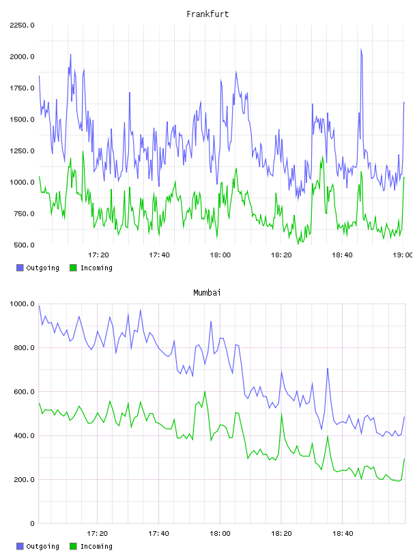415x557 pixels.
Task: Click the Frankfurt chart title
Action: coord(207,14)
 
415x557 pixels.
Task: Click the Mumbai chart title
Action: coord(207,293)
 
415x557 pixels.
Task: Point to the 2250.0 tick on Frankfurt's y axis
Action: coord(22,25)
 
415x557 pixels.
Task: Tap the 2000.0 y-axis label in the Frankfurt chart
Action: coord(22,57)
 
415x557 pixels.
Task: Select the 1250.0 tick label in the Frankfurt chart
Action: coord(22,151)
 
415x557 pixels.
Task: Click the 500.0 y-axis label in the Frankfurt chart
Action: coord(24,245)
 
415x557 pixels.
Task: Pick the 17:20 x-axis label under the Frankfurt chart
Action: coord(98,255)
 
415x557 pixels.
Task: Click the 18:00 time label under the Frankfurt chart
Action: coord(220,255)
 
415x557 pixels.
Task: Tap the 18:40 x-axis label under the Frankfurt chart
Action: coord(342,255)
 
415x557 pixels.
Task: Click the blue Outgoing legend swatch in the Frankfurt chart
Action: coord(20,268)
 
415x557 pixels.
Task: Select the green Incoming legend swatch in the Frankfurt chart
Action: coord(73,268)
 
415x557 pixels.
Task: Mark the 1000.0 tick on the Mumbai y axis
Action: coord(22,304)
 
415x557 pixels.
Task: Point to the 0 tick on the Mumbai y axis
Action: coord(32,524)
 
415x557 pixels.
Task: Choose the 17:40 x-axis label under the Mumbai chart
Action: coord(158,534)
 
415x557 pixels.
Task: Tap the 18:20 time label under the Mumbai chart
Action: coord(281,534)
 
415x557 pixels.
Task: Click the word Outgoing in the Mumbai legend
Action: coord(42,547)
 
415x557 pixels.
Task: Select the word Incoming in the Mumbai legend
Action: coord(96,547)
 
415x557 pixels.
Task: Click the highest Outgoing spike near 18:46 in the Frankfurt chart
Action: coord(361,48)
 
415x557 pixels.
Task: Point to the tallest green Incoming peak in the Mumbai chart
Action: coord(205,391)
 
